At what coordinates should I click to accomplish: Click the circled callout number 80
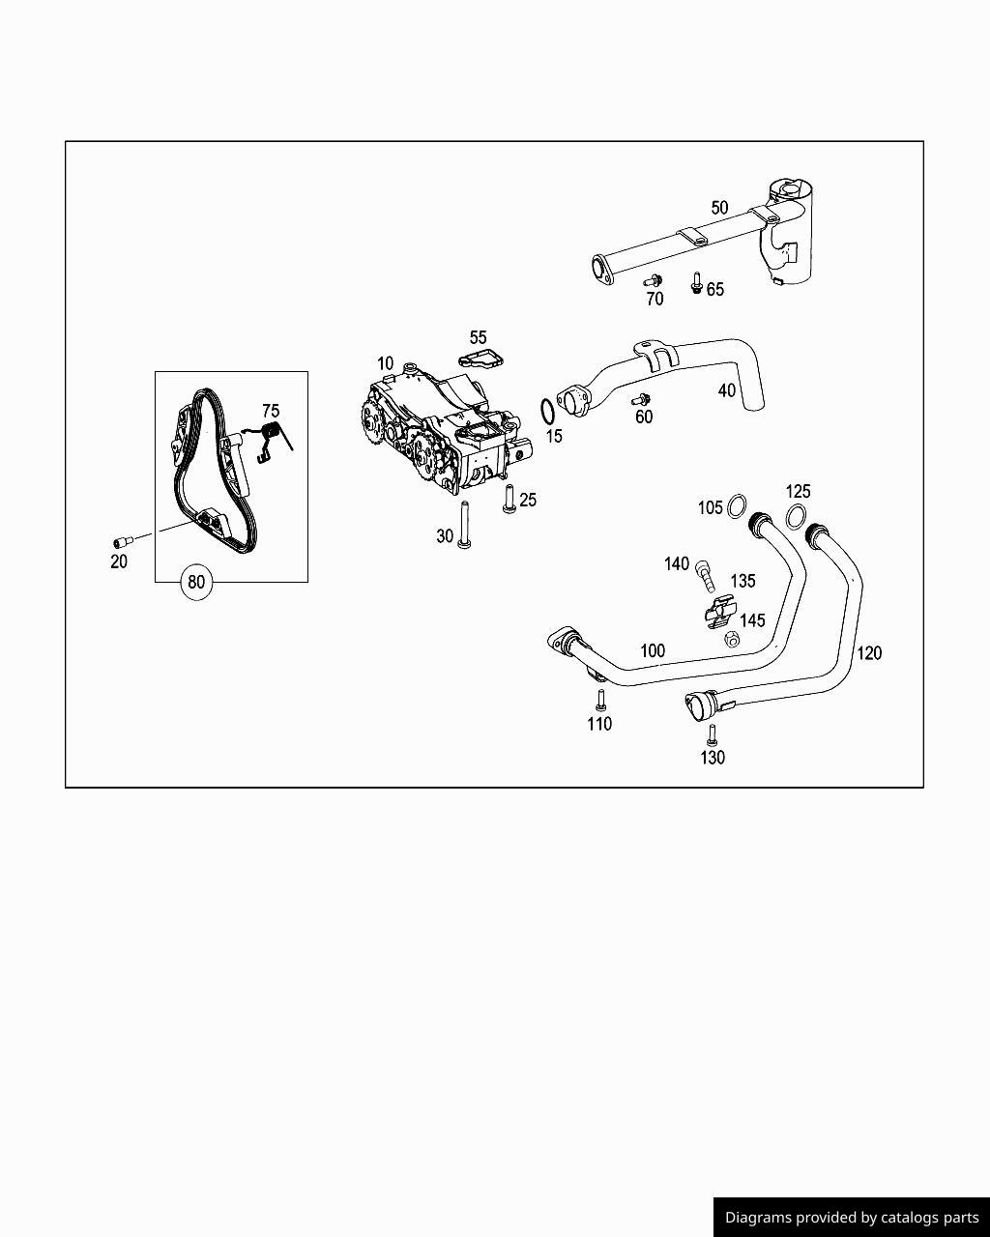(x=196, y=582)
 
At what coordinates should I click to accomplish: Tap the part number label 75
(x=271, y=411)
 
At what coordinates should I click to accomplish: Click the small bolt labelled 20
(x=120, y=542)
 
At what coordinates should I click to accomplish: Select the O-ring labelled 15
(x=547, y=412)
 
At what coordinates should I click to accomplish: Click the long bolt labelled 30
(x=464, y=526)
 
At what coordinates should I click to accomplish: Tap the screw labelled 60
(x=640, y=399)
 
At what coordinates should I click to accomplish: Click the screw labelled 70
(x=653, y=280)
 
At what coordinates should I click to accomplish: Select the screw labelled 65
(x=696, y=283)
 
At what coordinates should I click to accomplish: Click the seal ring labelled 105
(x=738, y=504)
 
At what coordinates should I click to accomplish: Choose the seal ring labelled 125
(x=796, y=516)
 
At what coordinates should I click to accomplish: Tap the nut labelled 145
(x=732, y=639)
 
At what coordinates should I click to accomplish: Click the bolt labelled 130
(x=713, y=734)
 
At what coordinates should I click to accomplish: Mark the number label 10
(x=385, y=363)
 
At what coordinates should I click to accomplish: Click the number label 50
(x=719, y=208)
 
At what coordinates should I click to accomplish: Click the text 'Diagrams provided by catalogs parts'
(x=852, y=1218)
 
